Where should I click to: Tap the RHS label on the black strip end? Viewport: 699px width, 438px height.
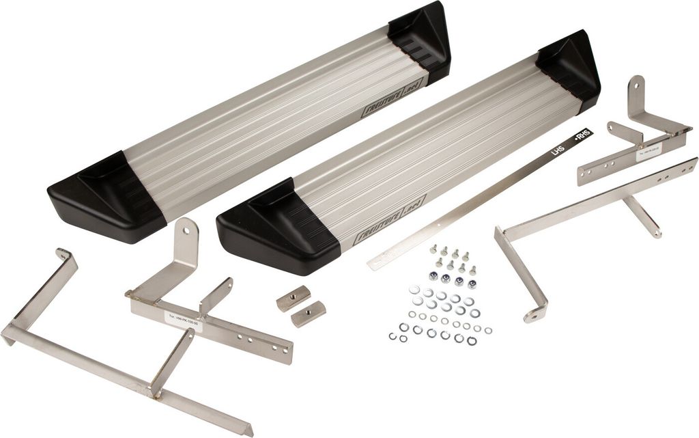point(582,135)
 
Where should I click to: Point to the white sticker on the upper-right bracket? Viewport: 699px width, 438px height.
point(649,154)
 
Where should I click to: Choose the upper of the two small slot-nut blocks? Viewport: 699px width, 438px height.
point(294,299)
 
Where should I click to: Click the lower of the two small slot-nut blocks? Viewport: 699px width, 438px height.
point(309,314)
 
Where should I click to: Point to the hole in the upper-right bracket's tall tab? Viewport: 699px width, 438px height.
point(636,85)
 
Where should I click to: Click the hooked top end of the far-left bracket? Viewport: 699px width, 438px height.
point(64,254)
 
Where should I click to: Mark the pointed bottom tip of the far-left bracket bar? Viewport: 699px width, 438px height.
point(249,432)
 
